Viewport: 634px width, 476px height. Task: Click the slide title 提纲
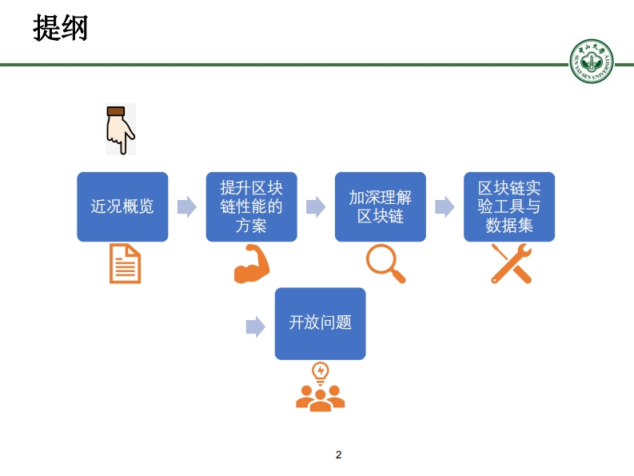pos(60,29)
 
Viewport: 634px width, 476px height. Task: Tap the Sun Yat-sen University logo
pos(592,61)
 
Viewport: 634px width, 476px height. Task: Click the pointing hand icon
pos(120,130)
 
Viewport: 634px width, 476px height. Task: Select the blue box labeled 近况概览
pos(122,206)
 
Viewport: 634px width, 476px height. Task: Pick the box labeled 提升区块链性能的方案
pos(251,206)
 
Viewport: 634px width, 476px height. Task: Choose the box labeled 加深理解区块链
pos(380,206)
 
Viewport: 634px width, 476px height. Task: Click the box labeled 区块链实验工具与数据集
pos(509,206)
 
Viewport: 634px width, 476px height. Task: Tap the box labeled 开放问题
pos(320,323)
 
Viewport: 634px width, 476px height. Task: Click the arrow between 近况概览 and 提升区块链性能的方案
pos(186,207)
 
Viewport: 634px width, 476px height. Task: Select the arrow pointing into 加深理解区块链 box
pos(316,207)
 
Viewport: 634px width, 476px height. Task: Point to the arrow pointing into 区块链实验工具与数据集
pos(445,207)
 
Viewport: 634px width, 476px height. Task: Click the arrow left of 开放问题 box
pos(255,326)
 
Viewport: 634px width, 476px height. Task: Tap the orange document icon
pos(125,263)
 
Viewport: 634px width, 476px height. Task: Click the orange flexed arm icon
pos(251,264)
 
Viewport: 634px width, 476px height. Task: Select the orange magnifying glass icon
pos(385,262)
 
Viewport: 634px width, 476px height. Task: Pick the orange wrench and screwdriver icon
pos(511,263)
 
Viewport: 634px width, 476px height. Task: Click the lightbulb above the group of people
pos(321,371)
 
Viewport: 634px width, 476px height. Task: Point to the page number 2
pos(338,454)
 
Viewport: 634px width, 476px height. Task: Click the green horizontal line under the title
pos(280,65)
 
